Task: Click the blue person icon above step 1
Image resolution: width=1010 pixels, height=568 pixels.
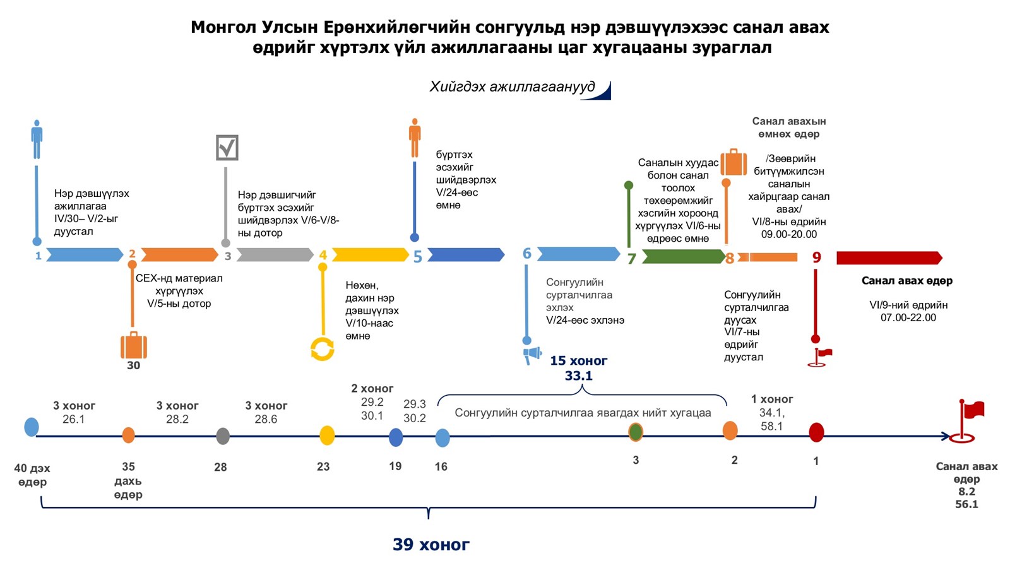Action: point(37,139)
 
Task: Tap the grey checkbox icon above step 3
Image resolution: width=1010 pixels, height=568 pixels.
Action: point(227,148)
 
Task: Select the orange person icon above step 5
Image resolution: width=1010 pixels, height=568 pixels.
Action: point(415,137)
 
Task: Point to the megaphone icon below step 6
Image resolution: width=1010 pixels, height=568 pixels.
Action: point(532,355)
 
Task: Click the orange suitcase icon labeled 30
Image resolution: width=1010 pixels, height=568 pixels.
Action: point(133,346)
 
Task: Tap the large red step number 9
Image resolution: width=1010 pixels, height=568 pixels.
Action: point(816,257)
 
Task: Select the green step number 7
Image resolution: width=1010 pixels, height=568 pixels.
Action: point(631,259)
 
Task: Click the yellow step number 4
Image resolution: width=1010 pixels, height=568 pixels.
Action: point(323,256)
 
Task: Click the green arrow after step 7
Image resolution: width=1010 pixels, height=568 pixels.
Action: point(684,256)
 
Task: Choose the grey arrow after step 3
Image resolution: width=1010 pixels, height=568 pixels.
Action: point(275,255)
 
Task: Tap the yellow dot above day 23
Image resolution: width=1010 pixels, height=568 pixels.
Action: point(327,435)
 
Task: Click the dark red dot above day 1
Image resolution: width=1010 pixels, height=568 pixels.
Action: point(816,432)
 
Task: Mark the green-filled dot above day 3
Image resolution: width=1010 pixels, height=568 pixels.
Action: point(636,432)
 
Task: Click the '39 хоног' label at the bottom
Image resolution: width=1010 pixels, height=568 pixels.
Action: point(431,544)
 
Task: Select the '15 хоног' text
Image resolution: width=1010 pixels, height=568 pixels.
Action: point(578,361)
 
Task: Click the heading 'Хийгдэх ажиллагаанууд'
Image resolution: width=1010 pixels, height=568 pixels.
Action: point(512,87)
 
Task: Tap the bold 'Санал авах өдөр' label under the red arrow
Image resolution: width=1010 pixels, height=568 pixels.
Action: point(906,281)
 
